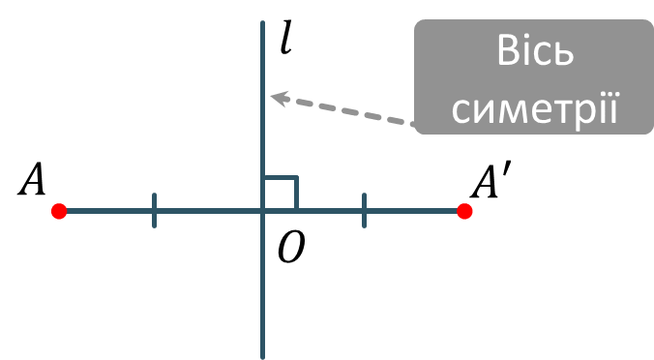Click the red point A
[x=59, y=211]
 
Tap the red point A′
[x=464, y=211]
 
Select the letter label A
[x=32, y=179]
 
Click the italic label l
[x=285, y=39]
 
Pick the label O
[x=291, y=248]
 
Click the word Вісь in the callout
[x=536, y=50]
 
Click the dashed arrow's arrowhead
[x=280, y=98]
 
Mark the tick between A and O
[x=155, y=211]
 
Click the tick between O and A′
[x=364, y=211]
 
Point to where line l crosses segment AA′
[x=263, y=211]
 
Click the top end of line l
[x=263, y=21]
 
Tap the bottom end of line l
[x=263, y=357]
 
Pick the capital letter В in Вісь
[x=509, y=50]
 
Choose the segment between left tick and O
[x=209, y=211]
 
